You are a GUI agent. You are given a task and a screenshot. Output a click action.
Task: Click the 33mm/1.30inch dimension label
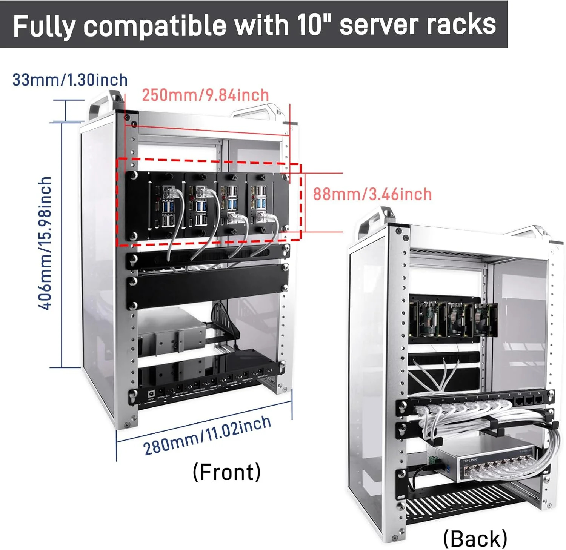point(70,80)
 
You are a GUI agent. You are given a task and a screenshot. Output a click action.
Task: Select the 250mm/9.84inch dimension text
point(205,95)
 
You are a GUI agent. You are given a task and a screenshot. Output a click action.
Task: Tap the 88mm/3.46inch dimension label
point(372,194)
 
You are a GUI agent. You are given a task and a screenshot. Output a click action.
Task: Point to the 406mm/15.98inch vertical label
point(45,243)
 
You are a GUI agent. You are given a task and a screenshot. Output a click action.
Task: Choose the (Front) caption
point(226,472)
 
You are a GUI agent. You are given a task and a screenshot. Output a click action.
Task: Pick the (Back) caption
point(475,538)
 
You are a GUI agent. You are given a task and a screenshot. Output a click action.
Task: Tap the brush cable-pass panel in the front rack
point(208,257)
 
